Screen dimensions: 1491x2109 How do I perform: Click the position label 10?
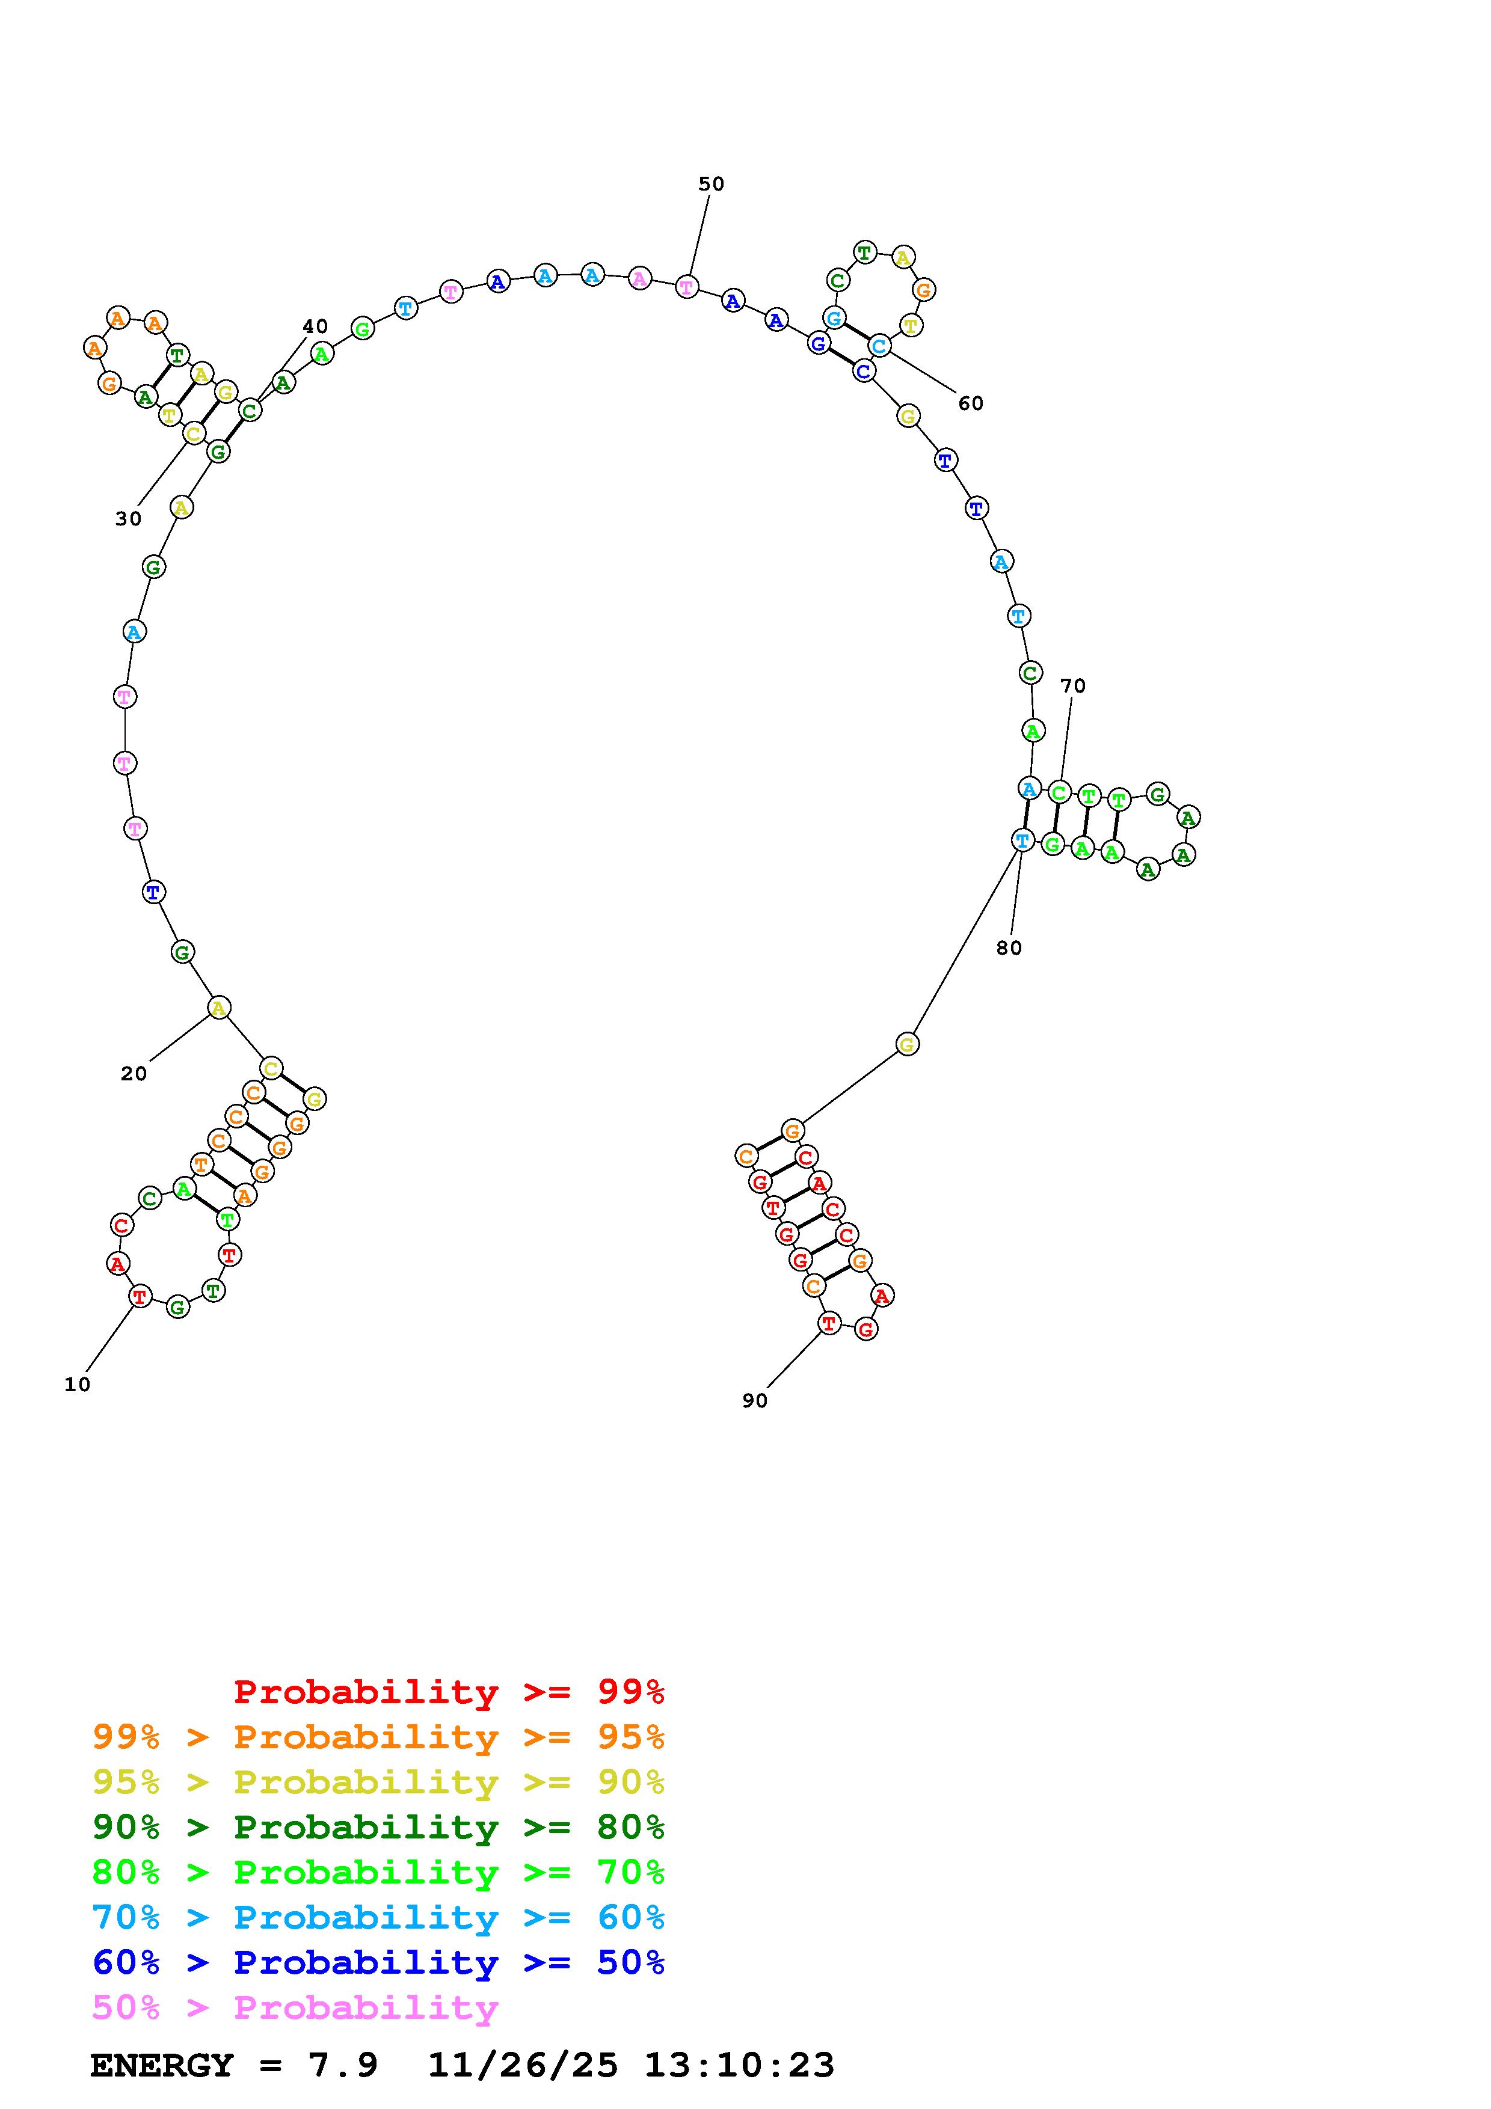[x=77, y=1385]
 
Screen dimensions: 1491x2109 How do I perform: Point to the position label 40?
[x=315, y=327]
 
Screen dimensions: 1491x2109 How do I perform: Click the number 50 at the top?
[x=711, y=184]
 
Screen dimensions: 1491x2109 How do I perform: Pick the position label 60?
[x=970, y=403]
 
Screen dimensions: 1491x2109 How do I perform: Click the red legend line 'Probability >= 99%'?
[x=449, y=1692]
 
